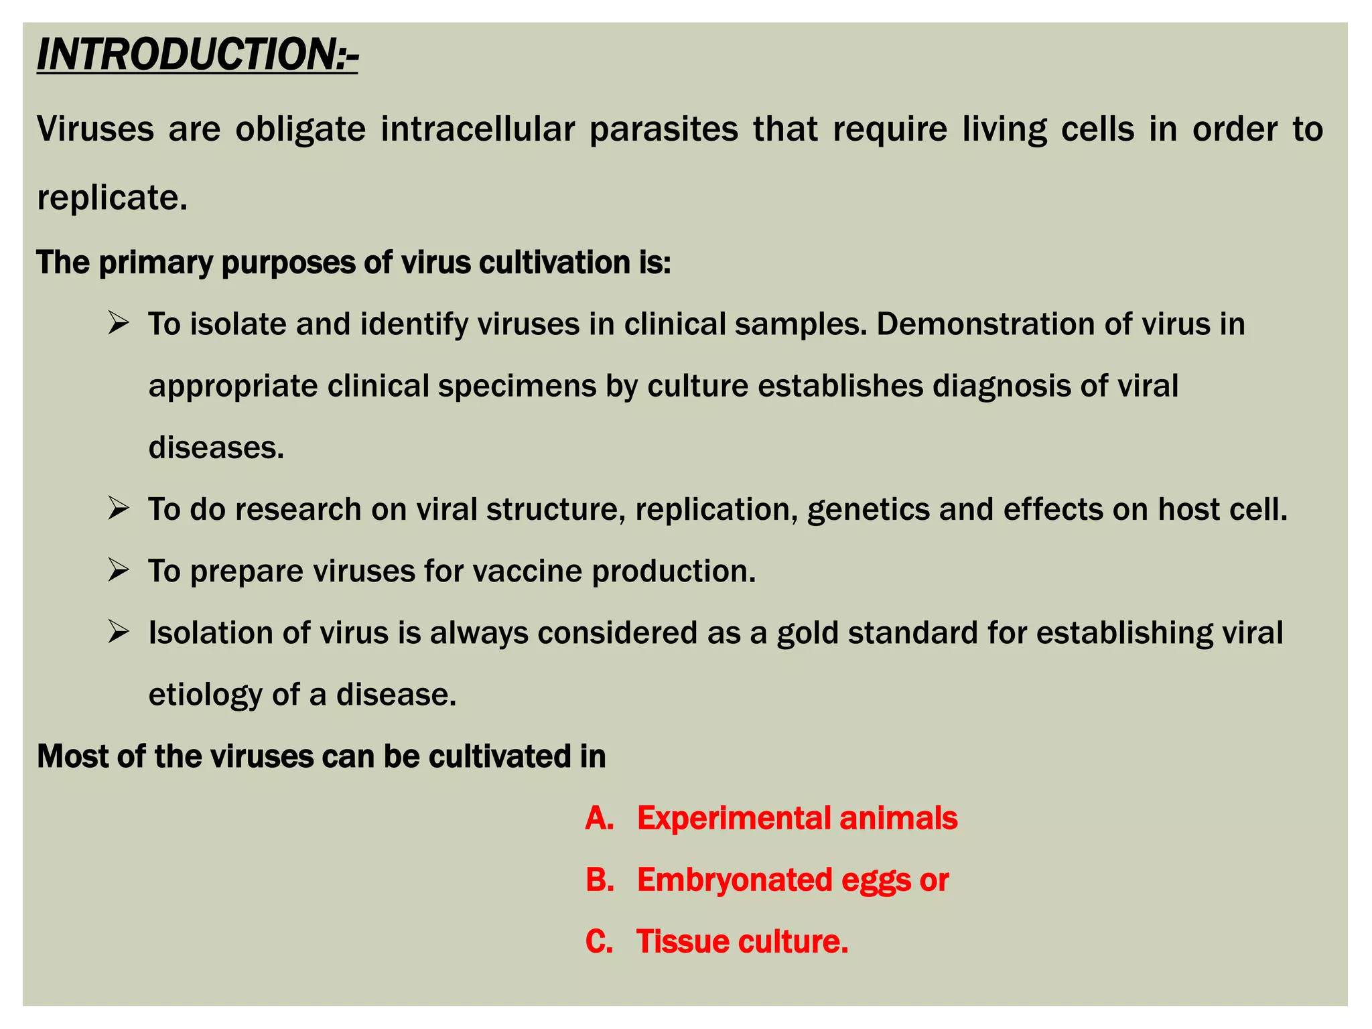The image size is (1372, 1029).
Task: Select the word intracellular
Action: tap(478, 129)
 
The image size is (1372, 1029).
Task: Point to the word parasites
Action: tap(663, 129)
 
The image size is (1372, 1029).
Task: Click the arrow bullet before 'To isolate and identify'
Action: tap(118, 324)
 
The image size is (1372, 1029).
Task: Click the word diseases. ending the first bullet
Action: tap(216, 448)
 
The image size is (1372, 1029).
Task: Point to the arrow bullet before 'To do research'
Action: tap(118, 509)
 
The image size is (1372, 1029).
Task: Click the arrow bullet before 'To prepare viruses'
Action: tap(118, 571)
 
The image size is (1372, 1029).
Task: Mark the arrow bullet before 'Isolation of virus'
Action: tap(118, 632)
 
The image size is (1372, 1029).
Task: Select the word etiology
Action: tap(205, 695)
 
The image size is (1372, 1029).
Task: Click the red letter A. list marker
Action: tap(600, 819)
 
